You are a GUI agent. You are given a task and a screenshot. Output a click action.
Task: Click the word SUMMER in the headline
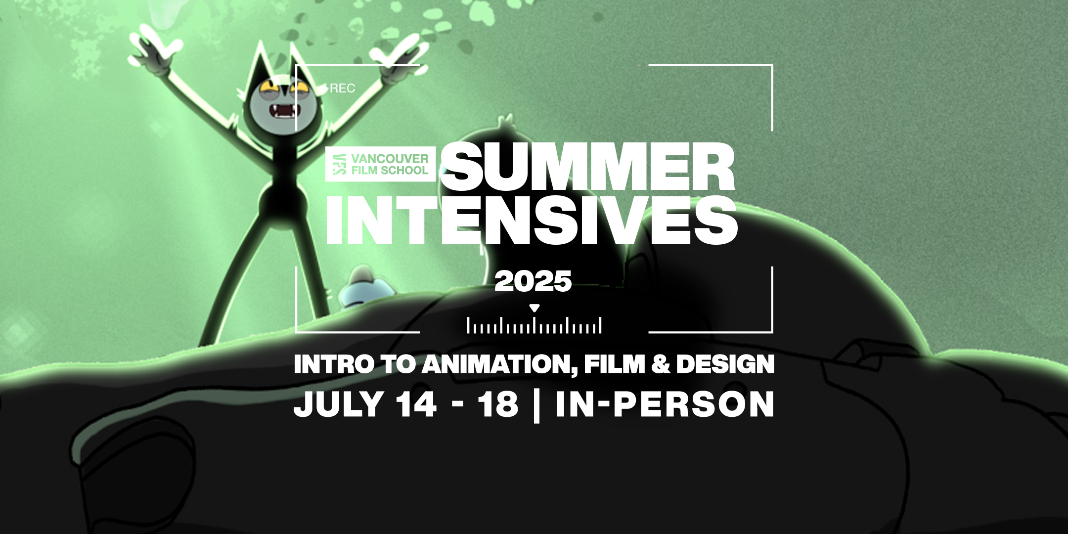point(588,167)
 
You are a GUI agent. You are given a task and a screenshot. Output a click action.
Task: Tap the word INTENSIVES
point(532,221)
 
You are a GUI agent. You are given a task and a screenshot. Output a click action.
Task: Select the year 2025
point(533,281)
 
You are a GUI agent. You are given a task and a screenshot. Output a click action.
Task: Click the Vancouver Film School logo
point(380,164)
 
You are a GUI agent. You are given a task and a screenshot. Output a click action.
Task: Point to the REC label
point(342,89)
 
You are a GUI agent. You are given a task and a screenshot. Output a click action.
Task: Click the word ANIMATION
point(499,365)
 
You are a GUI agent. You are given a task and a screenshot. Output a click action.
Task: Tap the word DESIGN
point(725,364)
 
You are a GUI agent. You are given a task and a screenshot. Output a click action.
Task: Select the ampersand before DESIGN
point(660,364)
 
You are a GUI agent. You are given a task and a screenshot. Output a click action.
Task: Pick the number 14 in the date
point(416,404)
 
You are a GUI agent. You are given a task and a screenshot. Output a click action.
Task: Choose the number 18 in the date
point(497,404)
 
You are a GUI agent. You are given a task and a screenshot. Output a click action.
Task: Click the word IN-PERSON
point(665,404)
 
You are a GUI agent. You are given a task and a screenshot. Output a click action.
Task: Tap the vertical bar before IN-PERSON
point(537,405)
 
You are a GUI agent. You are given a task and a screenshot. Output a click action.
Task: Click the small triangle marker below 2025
point(534,309)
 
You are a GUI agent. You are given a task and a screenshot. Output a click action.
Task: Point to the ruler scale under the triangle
point(534,325)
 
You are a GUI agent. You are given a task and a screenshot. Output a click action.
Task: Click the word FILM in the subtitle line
point(615,364)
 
